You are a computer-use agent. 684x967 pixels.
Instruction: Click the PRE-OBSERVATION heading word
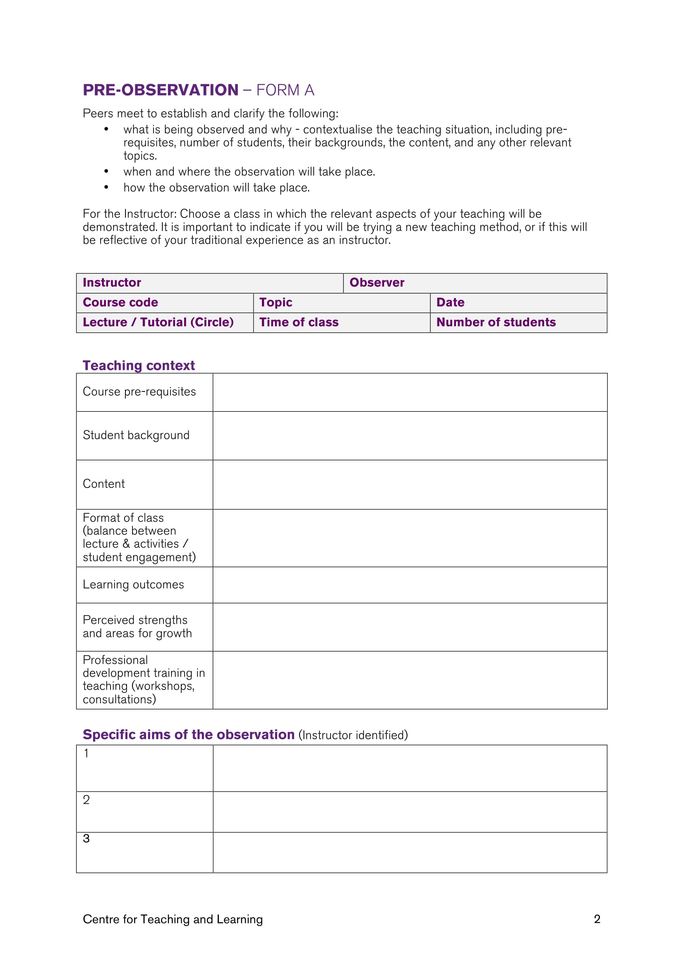[x=161, y=90]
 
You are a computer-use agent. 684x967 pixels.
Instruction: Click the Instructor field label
[x=112, y=283]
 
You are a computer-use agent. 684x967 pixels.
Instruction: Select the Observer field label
[x=377, y=283]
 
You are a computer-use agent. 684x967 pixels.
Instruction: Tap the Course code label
[x=120, y=302]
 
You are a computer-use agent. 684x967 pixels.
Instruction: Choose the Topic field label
[x=276, y=302]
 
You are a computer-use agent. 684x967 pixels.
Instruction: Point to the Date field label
[x=450, y=302]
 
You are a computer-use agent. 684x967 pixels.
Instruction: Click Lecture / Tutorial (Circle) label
[x=158, y=322]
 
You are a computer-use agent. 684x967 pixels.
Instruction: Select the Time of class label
[x=299, y=322]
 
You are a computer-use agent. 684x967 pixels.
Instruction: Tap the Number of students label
[x=496, y=322]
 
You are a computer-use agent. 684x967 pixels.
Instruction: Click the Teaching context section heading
[x=139, y=365]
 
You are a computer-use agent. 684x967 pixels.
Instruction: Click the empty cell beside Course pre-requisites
[x=410, y=392]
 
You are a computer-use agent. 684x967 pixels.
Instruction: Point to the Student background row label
[x=136, y=435]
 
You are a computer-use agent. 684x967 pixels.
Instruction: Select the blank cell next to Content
[x=410, y=485]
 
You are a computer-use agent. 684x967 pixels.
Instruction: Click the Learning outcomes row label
[x=133, y=585]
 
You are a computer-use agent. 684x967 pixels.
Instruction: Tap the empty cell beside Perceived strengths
[x=410, y=627]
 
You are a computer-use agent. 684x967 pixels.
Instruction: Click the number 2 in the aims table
[x=86, y=800]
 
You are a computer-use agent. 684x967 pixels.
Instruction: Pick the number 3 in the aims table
[x=86, y=838]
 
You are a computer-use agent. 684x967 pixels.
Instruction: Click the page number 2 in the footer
[x=597, y=919]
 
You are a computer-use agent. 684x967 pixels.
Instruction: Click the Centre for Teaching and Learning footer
[x=173, y=919]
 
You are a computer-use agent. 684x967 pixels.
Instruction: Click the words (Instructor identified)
[x=353, y=735]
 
